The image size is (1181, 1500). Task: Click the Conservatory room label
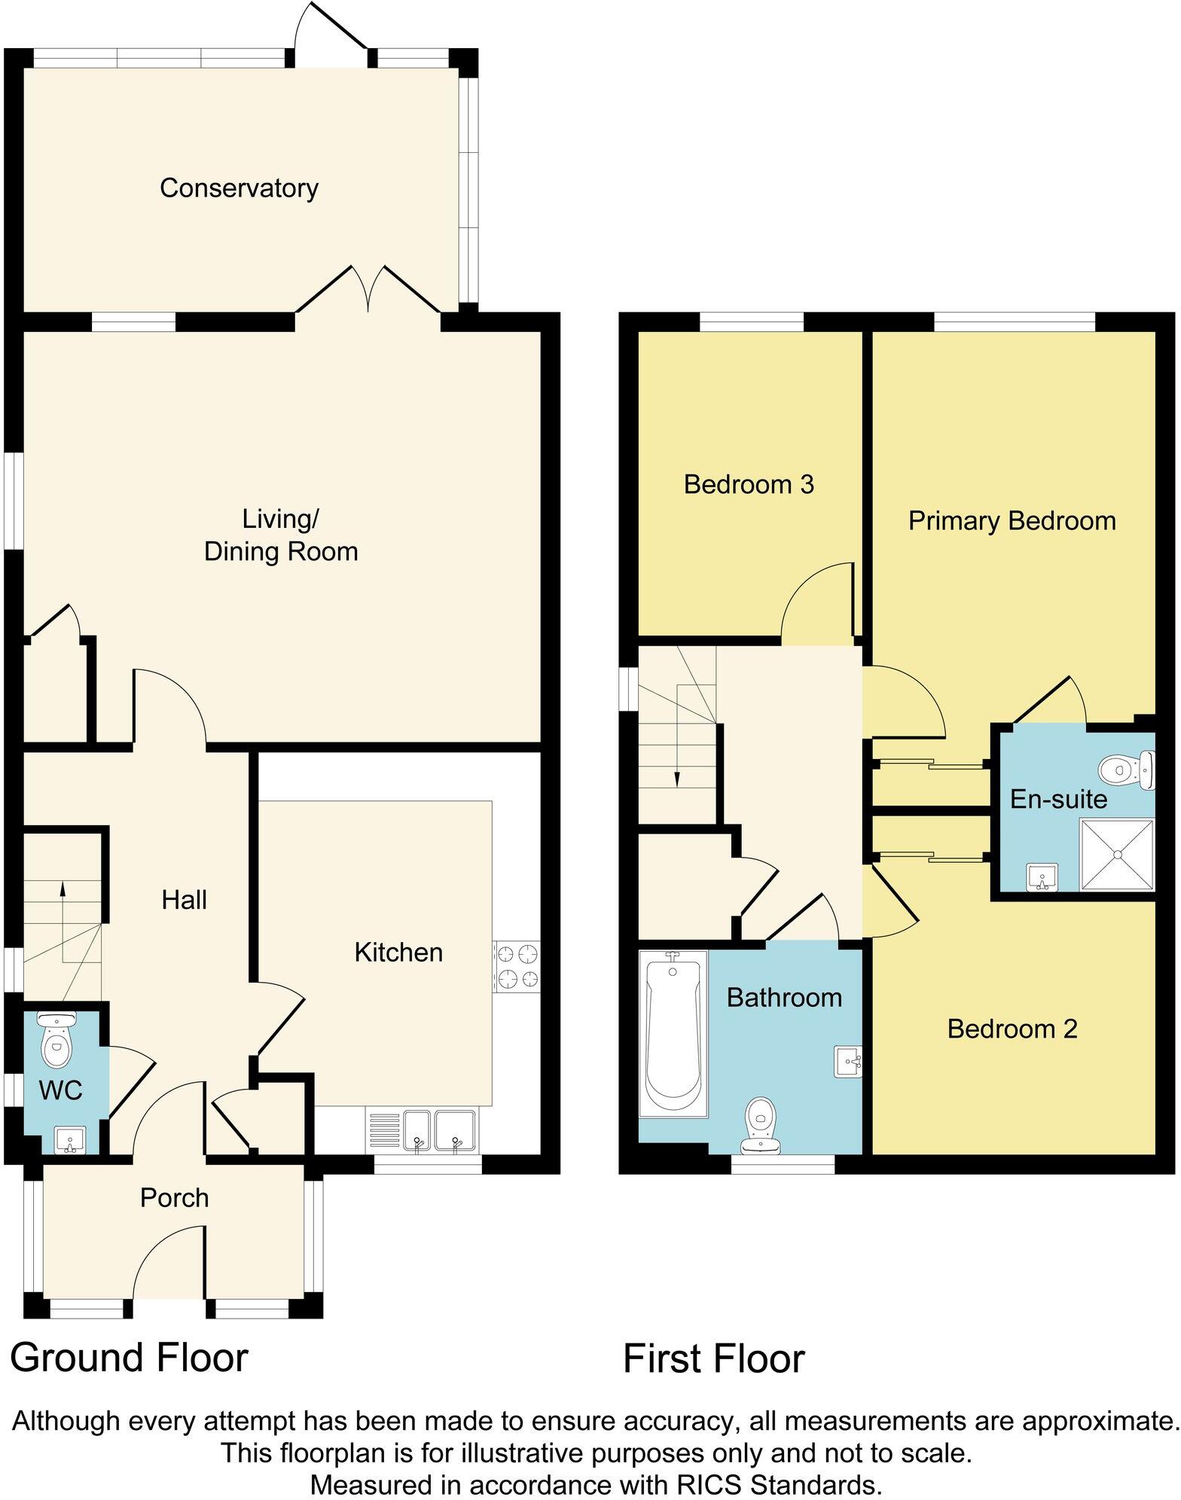(239, 187)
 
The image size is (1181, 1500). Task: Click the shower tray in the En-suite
(1117, 855)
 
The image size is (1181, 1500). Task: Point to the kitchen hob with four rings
(517, 966)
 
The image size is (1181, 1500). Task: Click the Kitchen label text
(398, 953)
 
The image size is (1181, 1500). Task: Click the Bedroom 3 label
(749, 484)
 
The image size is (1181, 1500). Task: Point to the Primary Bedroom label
(1012, 520)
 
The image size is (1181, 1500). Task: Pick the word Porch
(174, 1198)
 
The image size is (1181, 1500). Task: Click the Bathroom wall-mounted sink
(848, 1061)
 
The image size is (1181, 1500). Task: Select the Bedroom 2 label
(1012, 1029)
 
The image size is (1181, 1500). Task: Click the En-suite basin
(1043, 877)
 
